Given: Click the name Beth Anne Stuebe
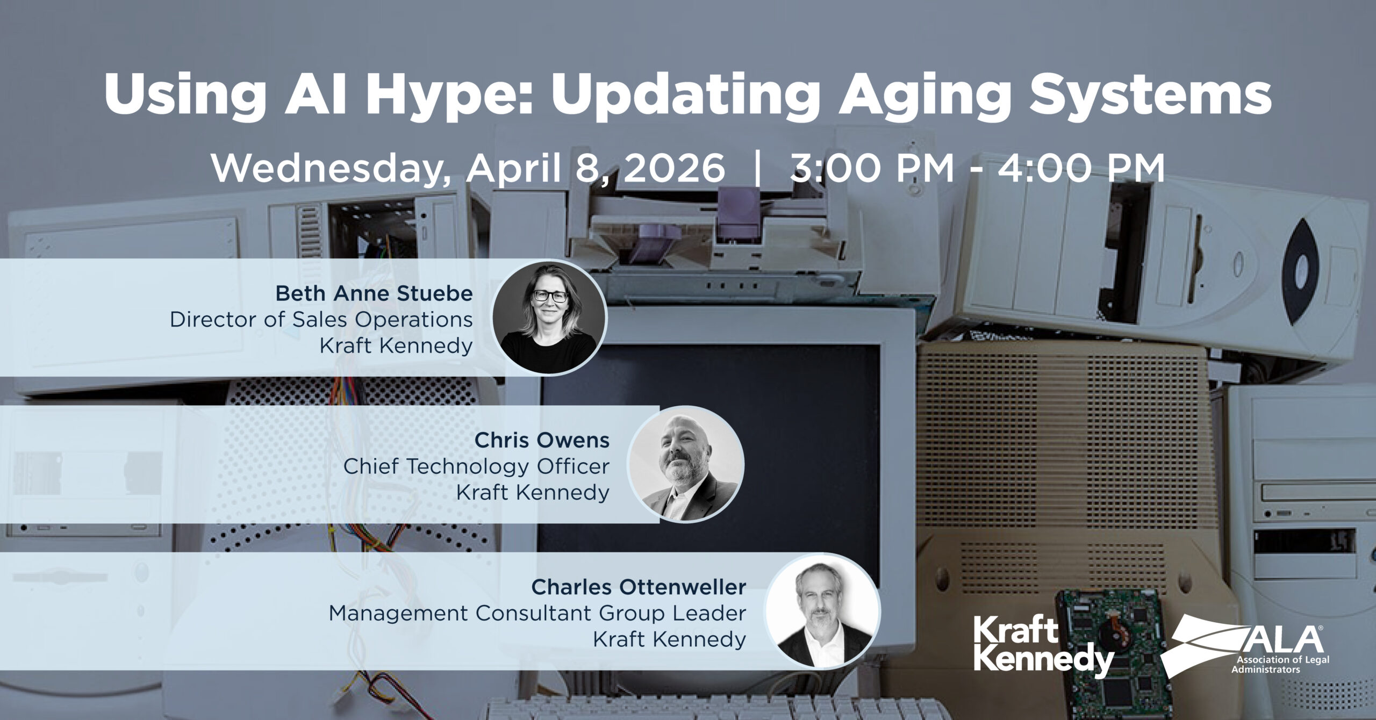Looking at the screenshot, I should [374, 293].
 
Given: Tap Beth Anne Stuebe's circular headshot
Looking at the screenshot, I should [549, 317].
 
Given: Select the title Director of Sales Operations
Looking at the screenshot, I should [321, 320].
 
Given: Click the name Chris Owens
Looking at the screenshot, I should [542, 440].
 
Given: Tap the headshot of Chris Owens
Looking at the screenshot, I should [685, 464].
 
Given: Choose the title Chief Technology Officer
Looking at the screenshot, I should [476, 466].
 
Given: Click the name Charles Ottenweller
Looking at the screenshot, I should [639, 587].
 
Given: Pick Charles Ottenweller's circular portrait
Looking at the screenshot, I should [822, 611].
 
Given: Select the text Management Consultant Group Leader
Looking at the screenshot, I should [537, 613].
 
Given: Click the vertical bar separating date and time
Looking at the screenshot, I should [758, 169].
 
